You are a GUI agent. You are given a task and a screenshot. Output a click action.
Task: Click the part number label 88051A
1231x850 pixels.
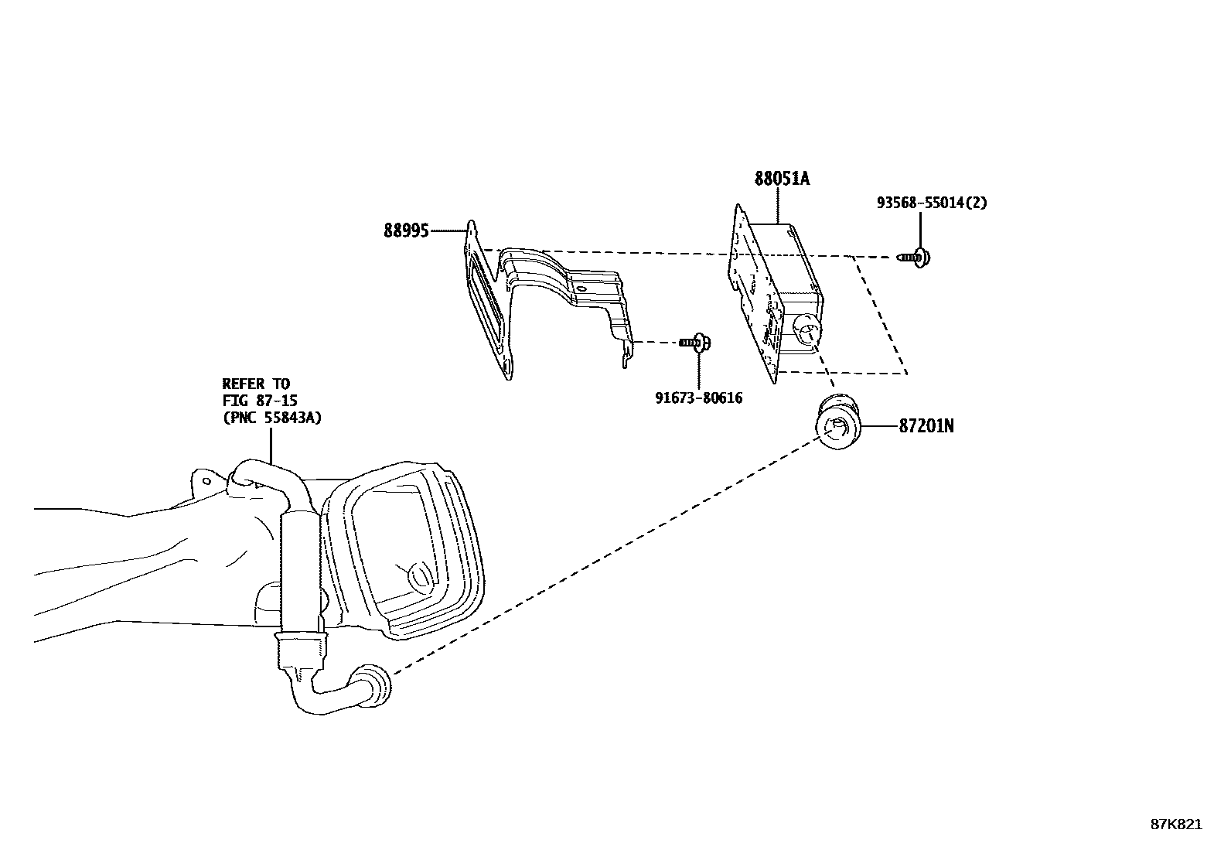782,179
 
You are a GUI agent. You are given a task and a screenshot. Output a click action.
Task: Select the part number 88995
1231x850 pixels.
406,230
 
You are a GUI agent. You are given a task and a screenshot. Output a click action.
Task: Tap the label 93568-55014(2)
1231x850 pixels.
932,203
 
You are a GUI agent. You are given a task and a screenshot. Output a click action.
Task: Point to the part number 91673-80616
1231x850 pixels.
698,398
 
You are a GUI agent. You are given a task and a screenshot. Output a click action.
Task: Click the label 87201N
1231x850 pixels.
926,425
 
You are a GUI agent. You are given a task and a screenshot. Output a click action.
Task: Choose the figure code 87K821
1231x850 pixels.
1176,824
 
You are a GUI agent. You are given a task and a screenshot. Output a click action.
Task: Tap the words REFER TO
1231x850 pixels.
256,384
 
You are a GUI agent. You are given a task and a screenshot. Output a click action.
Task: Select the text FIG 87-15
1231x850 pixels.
260,401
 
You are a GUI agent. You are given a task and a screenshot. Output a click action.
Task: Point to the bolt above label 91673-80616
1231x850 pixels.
697,343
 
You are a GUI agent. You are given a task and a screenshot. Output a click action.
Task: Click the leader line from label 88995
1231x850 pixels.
448,230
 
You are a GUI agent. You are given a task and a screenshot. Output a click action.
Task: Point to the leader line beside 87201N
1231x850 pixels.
879,425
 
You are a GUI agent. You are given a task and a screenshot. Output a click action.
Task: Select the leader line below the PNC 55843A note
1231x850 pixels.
271,445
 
